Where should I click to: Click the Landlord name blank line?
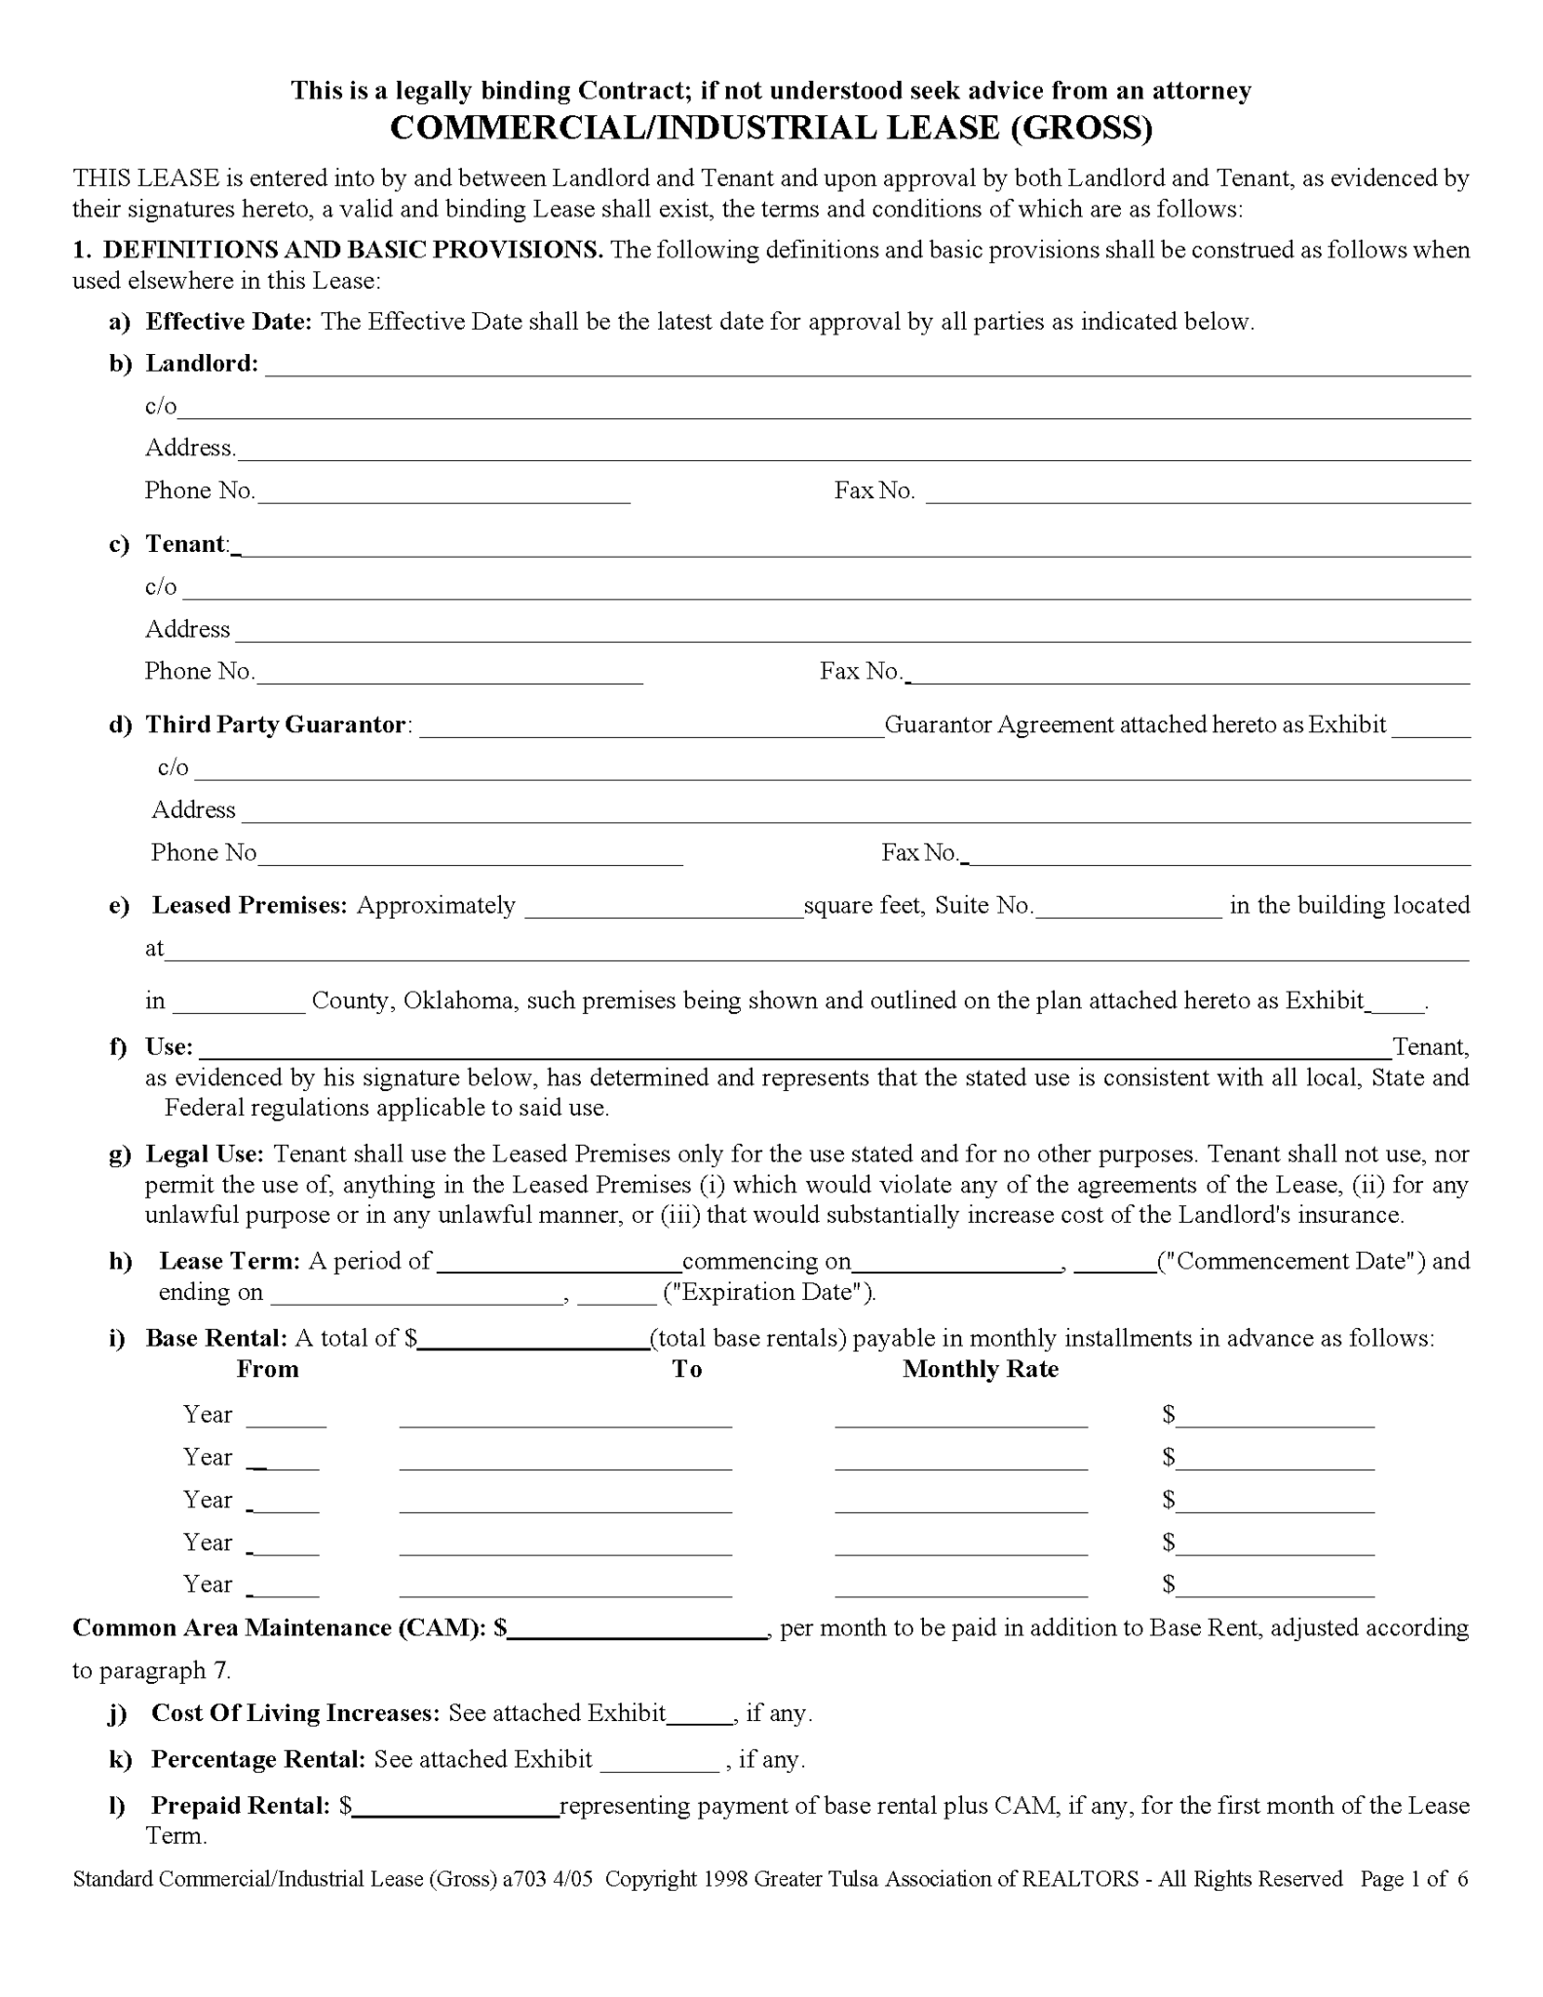tap(868, 367)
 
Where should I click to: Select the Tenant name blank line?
tap(853, 547)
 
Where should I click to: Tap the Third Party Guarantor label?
tap(275, 724)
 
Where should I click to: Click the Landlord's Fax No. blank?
tap(1197, 493)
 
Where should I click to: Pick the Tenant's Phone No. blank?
tap(448, 674)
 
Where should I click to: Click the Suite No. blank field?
tap(1128, 908)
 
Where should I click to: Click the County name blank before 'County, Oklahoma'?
tap(239, 1003)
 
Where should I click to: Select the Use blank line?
tap(794, 1049)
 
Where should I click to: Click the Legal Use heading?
tap(205, 1155)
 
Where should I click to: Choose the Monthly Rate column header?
tap(980, 1369)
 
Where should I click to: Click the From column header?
tap(267, 1369)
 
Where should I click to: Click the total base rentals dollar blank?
tap(533, 1340)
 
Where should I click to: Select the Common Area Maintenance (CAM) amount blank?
tap(637, 1629)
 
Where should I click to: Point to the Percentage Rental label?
tap(257, 1759)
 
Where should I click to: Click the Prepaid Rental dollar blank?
tap(455, 1807)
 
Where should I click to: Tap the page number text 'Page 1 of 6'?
tap(1413, 1879)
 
